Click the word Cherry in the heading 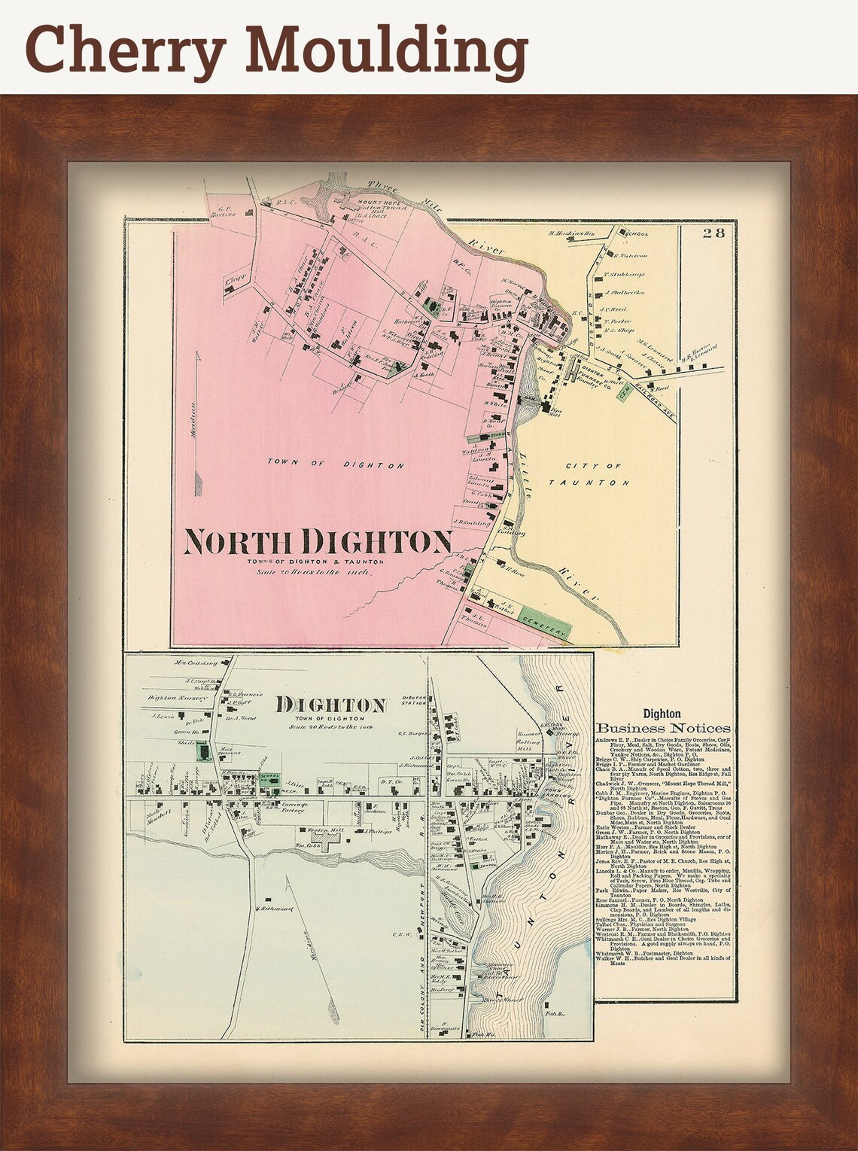[x=124, y=49]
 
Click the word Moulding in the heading [x=386, y=49]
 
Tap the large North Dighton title [x=318, y=540]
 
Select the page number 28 [x=713, y=233]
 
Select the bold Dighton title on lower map [x=331, y=705]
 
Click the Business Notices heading [x=662, y=728]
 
